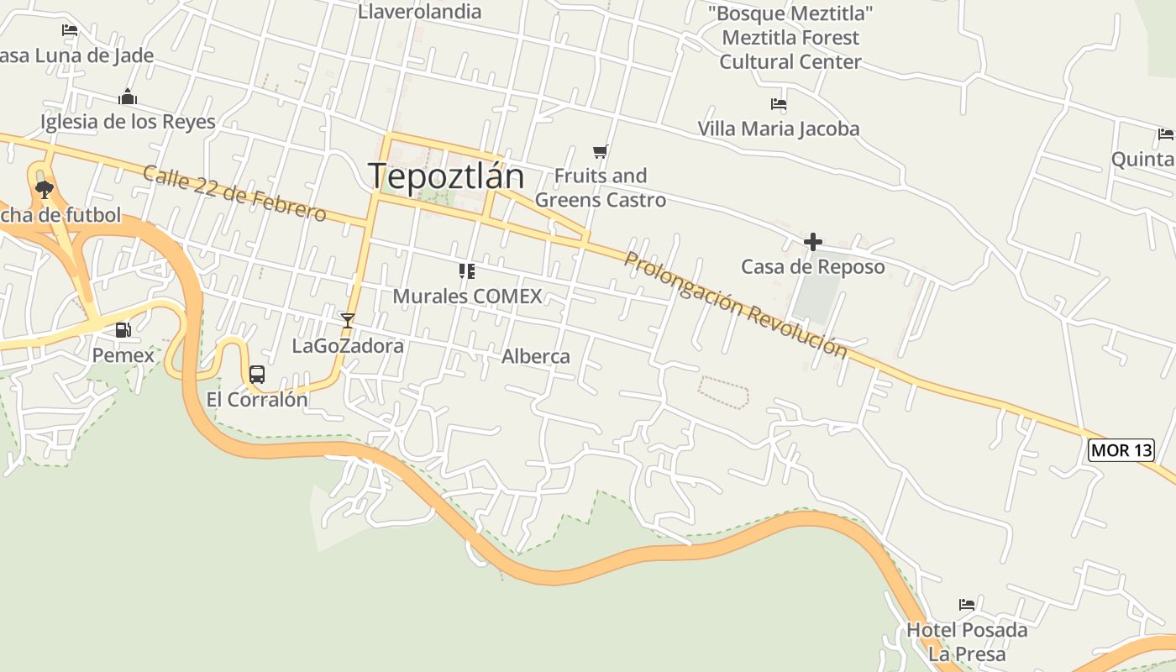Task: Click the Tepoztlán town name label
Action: (x=446, y=176)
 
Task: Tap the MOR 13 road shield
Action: (x=1121, y=450)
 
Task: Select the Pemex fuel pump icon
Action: (x=123, y=330)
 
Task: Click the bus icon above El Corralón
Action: (x=257, y=375)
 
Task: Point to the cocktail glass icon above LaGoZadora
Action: (x=347, y=320)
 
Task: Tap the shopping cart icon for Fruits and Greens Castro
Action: (x=600, y=152)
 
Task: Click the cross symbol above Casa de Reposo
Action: (x=812, y=242)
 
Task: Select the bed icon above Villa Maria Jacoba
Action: (x=779, y=104)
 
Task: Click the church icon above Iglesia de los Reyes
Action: (x=128, y=97)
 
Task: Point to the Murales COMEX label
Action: (x=468, y=296)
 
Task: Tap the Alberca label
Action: (x=536, y=356)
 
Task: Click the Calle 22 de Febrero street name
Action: (x=234, y=194)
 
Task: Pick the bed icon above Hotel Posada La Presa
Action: (x=967, y=604)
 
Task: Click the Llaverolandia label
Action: (x=419, y=12)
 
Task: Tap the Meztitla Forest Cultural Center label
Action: (x=790, y=38)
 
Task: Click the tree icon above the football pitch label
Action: (x=45, y=190)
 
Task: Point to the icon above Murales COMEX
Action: (x=467, y=270)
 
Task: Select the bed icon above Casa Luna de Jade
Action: (x=70, y=30)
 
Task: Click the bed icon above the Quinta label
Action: (x=1165, y=134)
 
